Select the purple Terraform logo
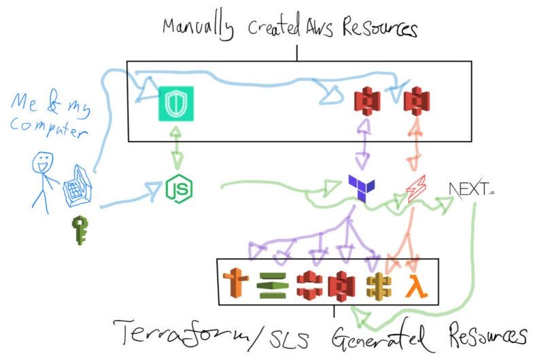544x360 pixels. click(360, 186)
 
